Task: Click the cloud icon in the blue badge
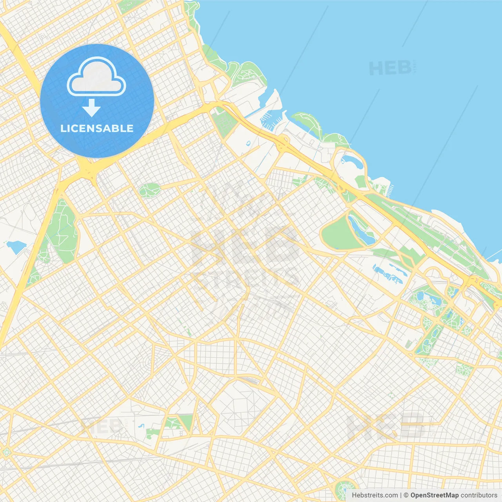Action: (96, 77)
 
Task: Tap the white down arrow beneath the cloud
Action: (91, 108)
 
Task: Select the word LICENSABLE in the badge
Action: (97, 128)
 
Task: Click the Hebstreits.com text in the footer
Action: (375, 495)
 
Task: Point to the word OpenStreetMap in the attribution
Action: (435, 495)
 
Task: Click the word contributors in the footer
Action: (479, 495)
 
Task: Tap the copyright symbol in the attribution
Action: (406, 495)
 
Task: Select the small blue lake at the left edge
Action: (16, 247)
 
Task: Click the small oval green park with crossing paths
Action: (149, 190)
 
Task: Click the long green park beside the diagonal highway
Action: (63, 231)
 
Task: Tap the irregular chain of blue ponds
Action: (387, 274)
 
